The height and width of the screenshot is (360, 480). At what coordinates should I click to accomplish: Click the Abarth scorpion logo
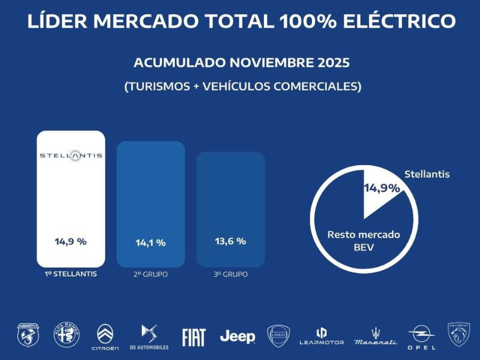(x=28, y=335)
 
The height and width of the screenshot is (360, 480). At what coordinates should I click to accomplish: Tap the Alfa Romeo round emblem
(x=67, y=335)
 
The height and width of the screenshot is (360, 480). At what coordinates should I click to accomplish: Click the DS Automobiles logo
(x=148, y=337)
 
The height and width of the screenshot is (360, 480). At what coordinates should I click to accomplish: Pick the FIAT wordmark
(x=194, y=337)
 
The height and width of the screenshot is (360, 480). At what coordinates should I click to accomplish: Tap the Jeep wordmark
(x=238, y=337)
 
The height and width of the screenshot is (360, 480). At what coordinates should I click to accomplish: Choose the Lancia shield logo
(x=278, y=336)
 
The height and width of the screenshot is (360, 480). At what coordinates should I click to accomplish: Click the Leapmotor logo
(x=322, y=336)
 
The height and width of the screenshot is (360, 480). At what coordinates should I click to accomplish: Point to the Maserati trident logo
(x=375, y=337)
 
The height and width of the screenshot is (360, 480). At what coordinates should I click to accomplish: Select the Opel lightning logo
(x=421, y=337)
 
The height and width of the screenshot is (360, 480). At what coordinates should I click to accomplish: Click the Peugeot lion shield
(x=459, y=335)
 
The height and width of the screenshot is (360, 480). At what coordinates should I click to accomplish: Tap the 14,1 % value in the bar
(x=150, y=243)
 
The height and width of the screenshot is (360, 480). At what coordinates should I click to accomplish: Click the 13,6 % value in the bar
(x=230, y=241)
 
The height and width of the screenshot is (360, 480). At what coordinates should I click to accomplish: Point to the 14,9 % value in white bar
(x=71, y=241)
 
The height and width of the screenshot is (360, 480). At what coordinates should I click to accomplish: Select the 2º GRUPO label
(x=151, y=275)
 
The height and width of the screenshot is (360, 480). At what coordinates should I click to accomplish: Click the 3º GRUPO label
(x=230, y=275)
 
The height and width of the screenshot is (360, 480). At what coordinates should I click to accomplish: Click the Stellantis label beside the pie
(x=427, y=175)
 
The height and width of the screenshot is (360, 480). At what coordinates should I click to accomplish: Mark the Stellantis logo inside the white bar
(x=71, y=155)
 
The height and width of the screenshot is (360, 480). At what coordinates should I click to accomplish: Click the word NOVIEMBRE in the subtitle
(x=264, y=63)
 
